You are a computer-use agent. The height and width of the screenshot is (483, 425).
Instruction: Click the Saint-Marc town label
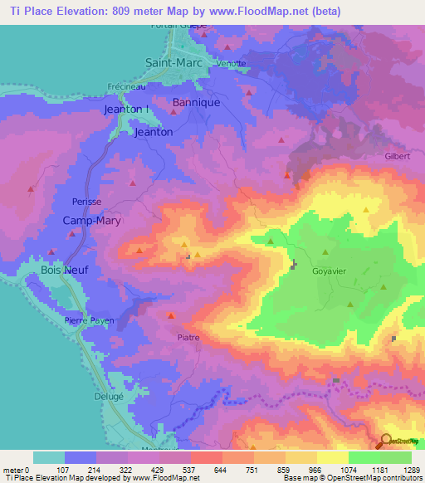[175, 62]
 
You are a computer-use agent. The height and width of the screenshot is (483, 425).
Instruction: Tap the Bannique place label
[195, 103]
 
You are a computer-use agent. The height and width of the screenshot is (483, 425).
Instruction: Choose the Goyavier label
[335, 271]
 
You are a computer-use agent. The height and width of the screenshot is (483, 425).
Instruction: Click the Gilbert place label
[398, 155]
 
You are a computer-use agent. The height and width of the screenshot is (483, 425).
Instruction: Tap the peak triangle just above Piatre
[171, 315]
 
